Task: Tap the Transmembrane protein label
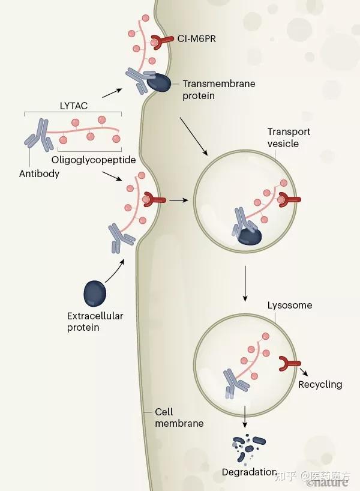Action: [218, 89]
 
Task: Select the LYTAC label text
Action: [73, 106]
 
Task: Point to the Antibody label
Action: [39, 173]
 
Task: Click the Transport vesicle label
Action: [289, 137]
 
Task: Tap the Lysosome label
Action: [289, 305]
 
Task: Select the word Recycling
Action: [320, 384]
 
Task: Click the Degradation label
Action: [249, 472]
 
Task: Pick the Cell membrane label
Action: [179, 417]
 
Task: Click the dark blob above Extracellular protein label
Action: [94, 294]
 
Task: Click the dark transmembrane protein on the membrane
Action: [159, 83]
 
